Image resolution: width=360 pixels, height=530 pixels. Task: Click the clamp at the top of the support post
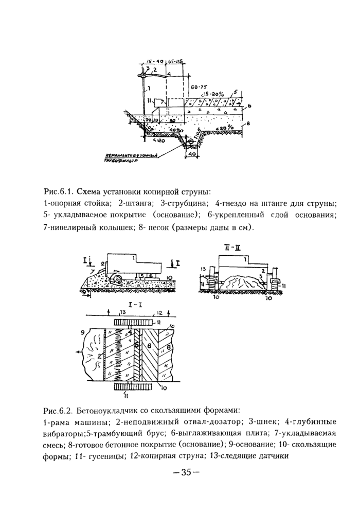145,76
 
